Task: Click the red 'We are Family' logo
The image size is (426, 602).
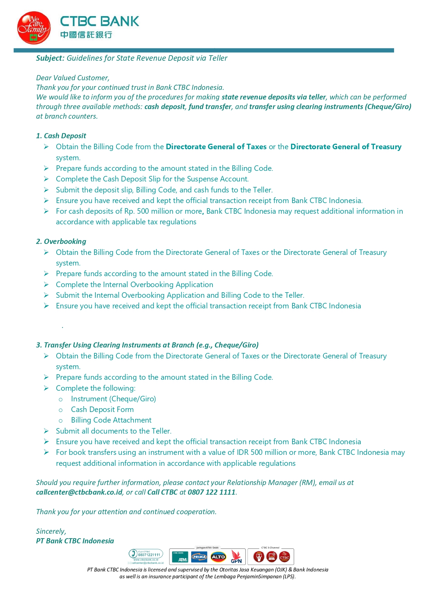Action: click(x=34, y=28)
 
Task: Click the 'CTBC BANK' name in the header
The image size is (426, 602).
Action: click(x=100, y=21)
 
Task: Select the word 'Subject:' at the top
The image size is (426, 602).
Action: click(x=50, y=58)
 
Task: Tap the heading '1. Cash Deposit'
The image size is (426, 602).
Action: click(x=61, y=136)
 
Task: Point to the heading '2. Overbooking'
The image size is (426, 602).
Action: click(x=61, y=241)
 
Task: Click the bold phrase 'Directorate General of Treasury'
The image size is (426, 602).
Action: click(x=346, y=147)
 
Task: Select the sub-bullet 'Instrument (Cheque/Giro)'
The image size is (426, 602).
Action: click(x=113, y=399)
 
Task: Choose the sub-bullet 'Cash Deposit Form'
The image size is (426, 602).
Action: click(x=102, y=410)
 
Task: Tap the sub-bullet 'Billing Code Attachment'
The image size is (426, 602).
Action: click(x=111, y=420)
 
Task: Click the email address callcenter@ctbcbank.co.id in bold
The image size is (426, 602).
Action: click(x=79, y=492)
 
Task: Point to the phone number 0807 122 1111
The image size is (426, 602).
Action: click(x=211, y=492)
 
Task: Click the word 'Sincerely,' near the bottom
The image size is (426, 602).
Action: click(x=51, y=531)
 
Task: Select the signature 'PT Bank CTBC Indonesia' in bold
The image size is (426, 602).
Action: click(x=75, y=541)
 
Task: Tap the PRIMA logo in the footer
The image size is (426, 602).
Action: click(x=199, y=557)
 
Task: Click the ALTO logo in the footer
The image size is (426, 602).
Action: click(x=218, y=557)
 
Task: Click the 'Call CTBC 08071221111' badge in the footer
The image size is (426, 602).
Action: click(x=146, y=554)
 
